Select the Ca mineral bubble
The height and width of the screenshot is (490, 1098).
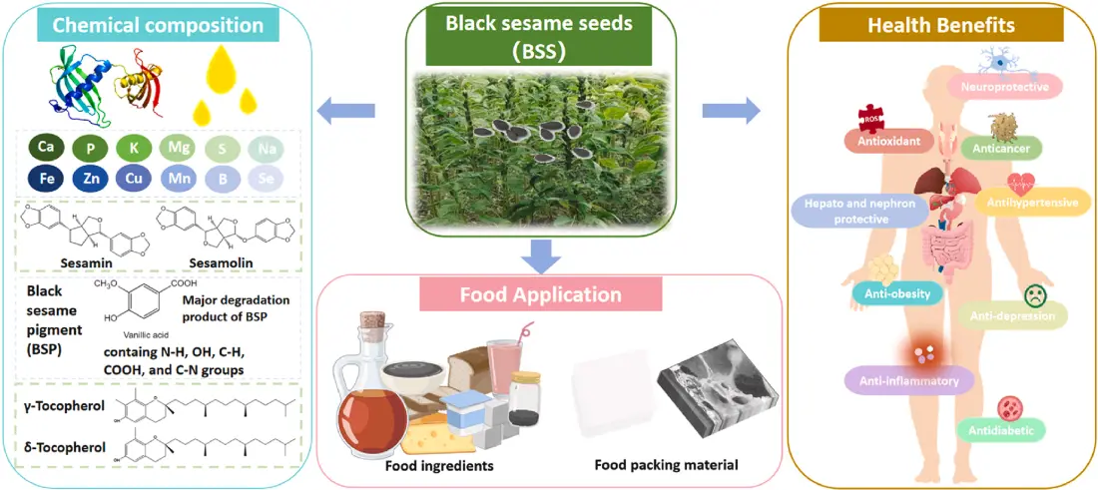45,148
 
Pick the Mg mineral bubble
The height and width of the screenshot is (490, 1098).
178,148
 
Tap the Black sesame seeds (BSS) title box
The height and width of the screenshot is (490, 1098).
543,37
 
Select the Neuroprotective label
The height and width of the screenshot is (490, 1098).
1004,87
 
